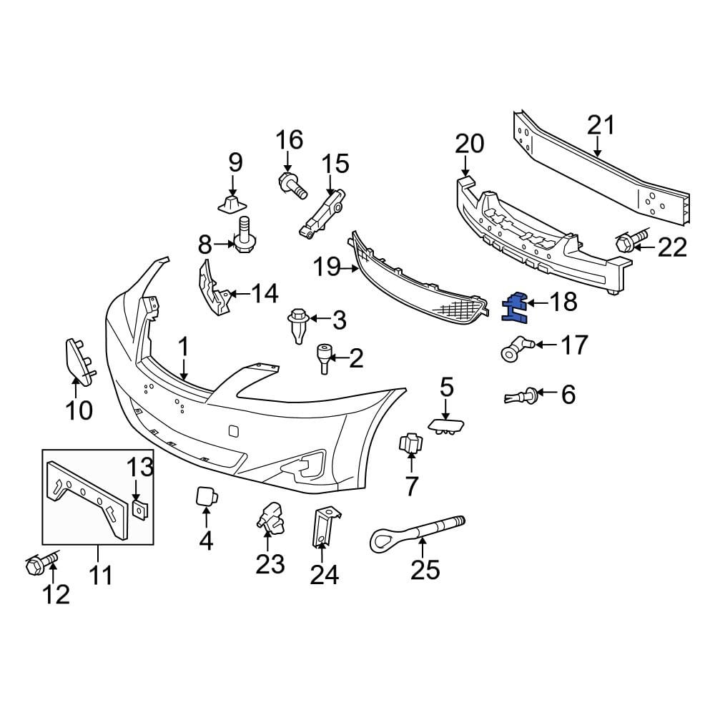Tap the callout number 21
pyautogui.click(x=601, y=125)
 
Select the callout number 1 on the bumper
pyautogui.click(x=183, y=348)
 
